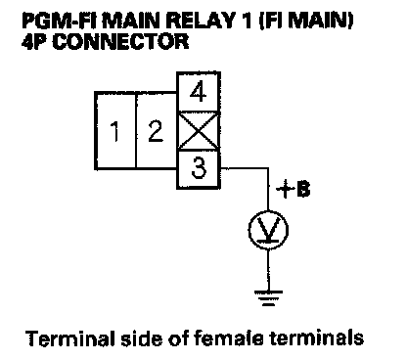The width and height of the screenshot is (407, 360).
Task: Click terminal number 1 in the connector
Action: [115, 130]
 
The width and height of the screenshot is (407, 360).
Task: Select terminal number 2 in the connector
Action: [156, 130]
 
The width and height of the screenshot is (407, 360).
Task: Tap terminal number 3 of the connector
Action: [199, 169]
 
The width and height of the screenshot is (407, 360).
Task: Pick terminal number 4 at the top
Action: [199, 92]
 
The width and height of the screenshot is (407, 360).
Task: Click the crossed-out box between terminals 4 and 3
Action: [199, 131]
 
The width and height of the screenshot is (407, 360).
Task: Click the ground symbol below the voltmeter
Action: [268, 297]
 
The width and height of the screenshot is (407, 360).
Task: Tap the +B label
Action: [294, 189]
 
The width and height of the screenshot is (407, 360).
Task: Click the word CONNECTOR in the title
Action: [120, 41]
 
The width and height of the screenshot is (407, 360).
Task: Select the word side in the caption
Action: [141, 338]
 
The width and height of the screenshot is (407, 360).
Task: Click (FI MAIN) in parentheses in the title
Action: [306, 22]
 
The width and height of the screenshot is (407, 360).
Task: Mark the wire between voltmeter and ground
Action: [268, 270]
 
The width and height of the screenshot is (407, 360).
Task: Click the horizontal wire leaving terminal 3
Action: [245, 168]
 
